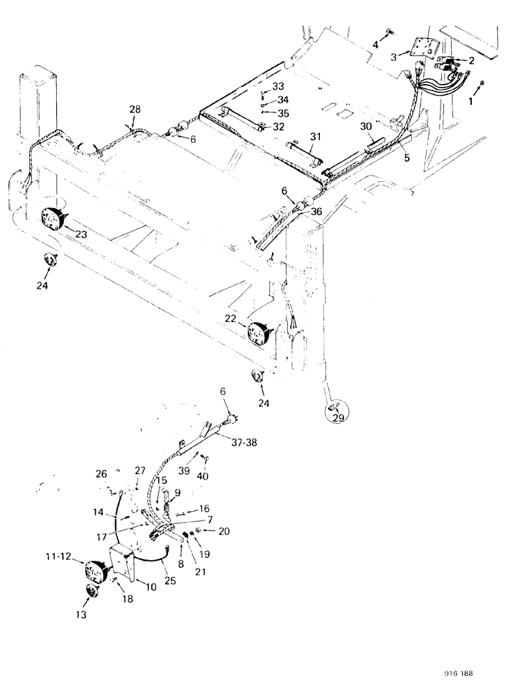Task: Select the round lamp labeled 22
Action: [258, 332]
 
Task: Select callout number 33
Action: [278, 86]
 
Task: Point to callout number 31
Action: [316, 137]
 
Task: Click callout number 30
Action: [366, 127]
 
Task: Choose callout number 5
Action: [407, 158]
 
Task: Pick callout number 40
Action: [204, 475]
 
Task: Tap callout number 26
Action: [103, 474]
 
